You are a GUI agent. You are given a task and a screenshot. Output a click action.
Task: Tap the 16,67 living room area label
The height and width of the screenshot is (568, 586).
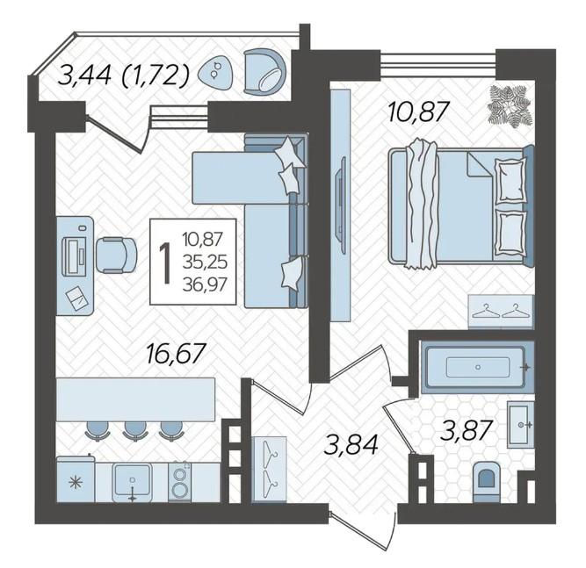tap(176, 353)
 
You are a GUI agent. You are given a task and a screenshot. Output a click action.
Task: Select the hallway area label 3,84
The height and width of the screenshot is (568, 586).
tap(351, 444)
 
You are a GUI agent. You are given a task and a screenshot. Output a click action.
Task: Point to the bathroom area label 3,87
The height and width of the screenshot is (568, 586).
tap(466, 430)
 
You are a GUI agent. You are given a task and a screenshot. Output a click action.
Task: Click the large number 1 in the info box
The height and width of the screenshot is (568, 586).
tap(165, 262)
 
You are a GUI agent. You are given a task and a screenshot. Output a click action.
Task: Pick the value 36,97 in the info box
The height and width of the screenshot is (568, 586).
tap(205, 285)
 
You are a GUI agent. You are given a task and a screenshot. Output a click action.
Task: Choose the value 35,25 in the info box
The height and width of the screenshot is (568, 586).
tap(205, 262)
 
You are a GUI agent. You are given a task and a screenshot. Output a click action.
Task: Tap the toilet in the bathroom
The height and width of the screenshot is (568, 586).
tap(486, 482)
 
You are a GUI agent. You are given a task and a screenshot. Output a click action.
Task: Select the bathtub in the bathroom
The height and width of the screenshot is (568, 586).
tap(478, 367)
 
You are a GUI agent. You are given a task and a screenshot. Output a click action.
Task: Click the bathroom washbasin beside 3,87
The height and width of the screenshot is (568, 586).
tap(521, 425)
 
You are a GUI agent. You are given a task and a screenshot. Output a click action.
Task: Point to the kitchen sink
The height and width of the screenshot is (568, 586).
tap(133, 483)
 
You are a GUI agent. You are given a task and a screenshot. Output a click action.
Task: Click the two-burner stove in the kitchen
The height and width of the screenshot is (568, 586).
tap(180, 482)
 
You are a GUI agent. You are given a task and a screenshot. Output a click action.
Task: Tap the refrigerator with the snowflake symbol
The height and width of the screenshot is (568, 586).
tap(76, 479)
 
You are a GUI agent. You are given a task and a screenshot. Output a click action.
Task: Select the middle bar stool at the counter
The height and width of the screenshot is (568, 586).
tap(134, 430)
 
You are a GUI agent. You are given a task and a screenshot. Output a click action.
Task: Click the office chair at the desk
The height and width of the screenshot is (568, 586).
tap(116, 255)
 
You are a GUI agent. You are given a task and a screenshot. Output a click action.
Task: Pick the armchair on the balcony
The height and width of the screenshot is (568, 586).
tap(265, 71)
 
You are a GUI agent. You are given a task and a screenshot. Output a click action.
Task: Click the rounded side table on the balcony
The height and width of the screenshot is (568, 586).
tap(215, 72)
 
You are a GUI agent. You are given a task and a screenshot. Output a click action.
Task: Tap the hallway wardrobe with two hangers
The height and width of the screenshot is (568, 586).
tap(270, 469)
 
